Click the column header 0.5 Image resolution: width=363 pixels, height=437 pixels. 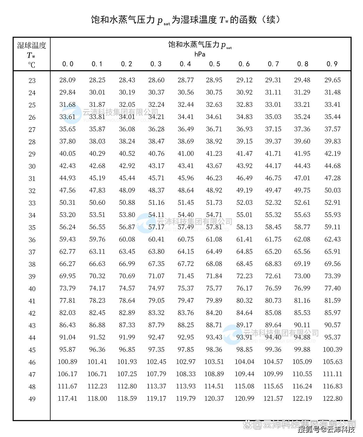point(215,64)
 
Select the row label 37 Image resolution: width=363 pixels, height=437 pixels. point(32,252)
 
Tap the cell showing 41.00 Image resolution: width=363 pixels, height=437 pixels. point(186,154)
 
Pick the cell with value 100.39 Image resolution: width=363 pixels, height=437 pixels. point(332,350)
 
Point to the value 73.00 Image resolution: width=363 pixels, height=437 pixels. point(302,276)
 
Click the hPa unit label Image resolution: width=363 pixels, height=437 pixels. point(200,54)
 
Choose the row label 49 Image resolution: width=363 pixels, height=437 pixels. point(32,399)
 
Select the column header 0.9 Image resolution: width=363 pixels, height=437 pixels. point(332,64)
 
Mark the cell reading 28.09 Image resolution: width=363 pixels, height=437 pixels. point(68,80)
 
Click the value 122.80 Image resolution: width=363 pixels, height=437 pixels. point(332,398)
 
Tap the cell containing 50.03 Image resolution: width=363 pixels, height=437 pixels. point(332,190)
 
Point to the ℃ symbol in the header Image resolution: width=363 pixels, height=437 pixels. point(32,65)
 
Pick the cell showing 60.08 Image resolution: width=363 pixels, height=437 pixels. point(127,239)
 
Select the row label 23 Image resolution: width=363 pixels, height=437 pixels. point(32,81)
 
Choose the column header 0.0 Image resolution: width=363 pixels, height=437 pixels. point(68,64)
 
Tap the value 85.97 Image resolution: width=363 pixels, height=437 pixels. point(332,313)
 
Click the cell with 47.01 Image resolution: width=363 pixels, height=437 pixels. point(302,178)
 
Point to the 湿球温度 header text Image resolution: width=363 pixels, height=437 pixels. point(32,45)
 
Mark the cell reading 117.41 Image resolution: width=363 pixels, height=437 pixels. point(68,398)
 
